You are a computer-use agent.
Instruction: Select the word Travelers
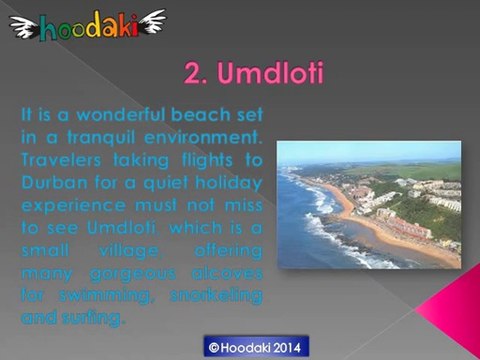61,161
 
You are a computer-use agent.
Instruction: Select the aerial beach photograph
369,204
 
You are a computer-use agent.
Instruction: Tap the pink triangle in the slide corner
453,308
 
